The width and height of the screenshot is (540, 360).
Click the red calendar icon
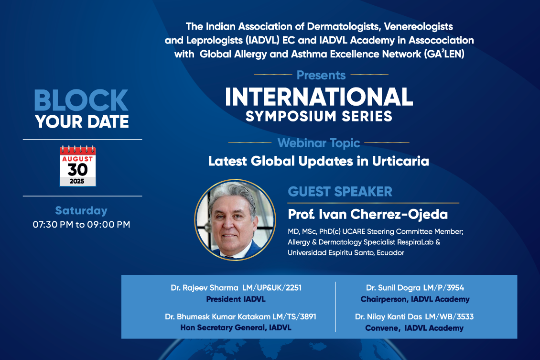77,166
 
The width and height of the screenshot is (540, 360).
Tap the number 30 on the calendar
77,170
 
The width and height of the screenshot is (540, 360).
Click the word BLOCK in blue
81,100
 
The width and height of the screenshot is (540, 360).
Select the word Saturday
81,210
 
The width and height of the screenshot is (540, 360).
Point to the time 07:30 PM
53,225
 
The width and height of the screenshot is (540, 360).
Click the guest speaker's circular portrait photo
235,219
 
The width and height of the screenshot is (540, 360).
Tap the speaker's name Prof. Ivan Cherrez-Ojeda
368,214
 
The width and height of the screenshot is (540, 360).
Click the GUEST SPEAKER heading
340,192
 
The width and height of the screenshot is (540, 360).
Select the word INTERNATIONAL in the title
319,97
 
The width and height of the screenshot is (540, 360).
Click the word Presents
321,75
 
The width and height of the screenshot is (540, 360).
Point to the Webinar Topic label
319,143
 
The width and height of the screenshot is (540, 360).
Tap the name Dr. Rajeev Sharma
205,288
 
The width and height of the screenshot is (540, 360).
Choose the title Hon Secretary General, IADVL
236,327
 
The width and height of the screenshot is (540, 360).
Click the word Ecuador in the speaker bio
390,252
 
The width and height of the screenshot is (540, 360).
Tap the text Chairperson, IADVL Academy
415,299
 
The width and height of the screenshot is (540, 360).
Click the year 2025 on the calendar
77,181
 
